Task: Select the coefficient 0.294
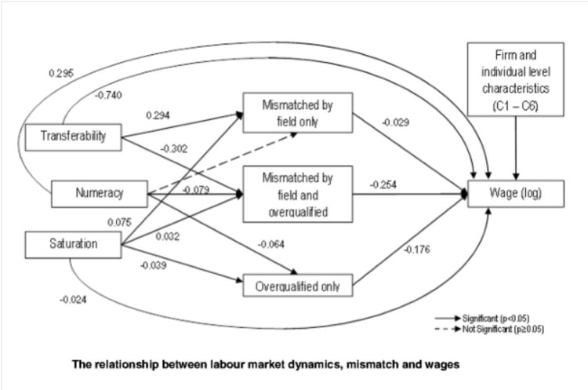[158, 115]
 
